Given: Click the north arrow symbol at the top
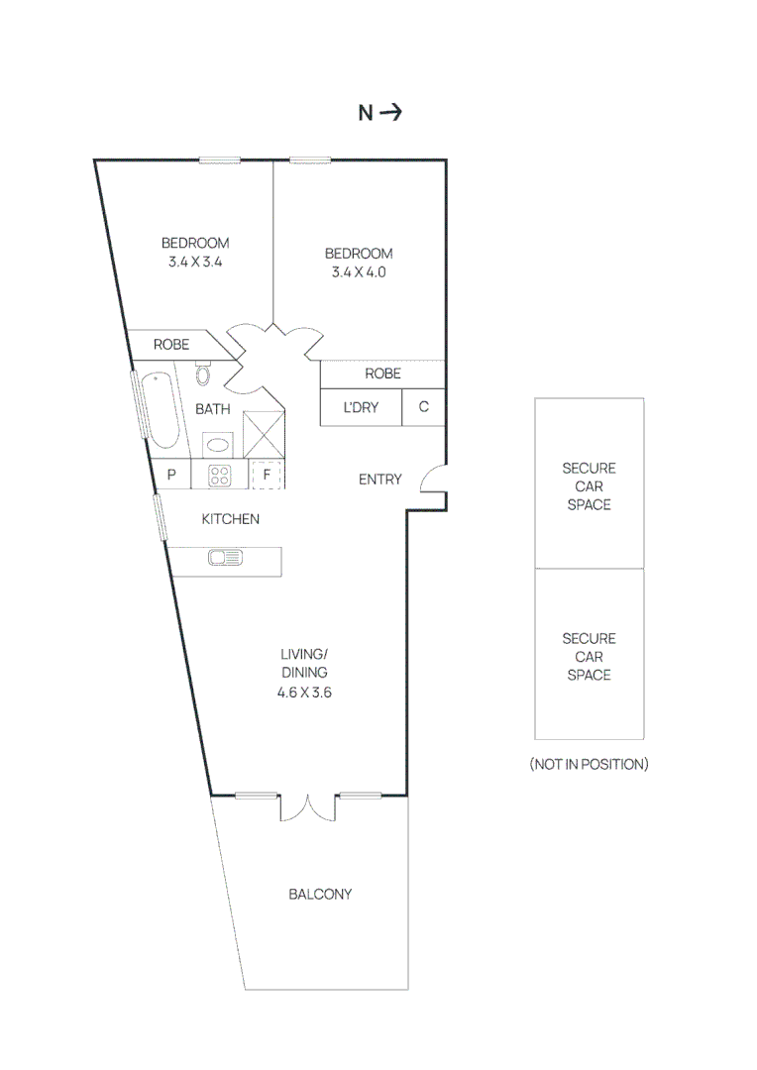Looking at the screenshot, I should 390,113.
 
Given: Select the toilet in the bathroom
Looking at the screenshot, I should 204,374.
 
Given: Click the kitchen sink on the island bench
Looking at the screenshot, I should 225,559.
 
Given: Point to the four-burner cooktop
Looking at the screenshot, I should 220,476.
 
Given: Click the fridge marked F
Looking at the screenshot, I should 267,476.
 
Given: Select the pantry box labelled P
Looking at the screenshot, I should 171,476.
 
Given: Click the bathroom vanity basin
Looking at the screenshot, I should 217,444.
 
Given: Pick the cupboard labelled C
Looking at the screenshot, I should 424,407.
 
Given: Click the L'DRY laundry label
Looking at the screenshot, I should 361,407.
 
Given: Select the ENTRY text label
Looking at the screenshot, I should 380,480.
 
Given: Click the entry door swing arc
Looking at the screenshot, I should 432,481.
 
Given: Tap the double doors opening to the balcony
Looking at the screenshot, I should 309,807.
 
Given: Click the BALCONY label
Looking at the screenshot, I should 320,895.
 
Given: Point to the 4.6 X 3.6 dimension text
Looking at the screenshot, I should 304,693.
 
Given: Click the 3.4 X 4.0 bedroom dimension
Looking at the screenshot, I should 359,271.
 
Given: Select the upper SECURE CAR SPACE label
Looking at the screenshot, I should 589,486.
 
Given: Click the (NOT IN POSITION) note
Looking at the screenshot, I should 589,764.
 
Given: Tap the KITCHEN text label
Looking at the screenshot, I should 231,519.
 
